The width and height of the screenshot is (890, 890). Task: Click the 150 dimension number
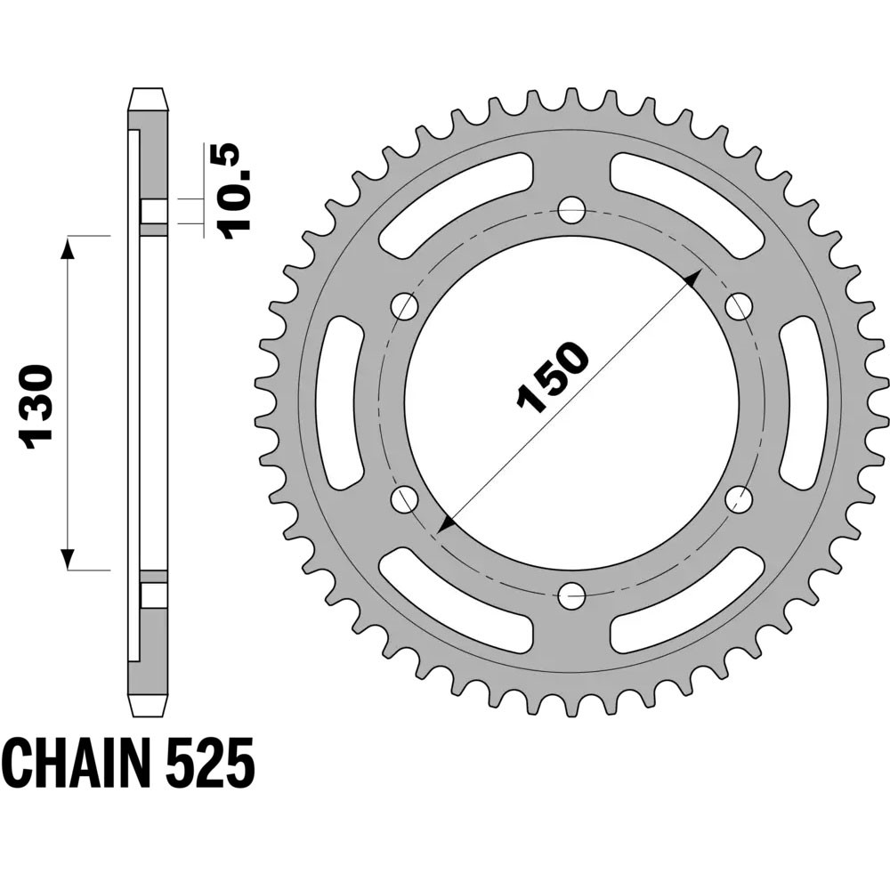[x=553, y=376]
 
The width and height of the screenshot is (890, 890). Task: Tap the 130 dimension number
[x=36, y=403]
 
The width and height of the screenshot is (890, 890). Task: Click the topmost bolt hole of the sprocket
[x=571, y=211]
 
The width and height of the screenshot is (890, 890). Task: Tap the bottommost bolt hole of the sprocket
[x=571, y=595]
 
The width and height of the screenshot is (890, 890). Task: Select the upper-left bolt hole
[x=405, y=307]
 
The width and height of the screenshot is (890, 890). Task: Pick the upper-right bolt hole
[x=738, y=307]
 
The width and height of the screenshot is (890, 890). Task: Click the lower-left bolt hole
[x=405, y=498]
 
